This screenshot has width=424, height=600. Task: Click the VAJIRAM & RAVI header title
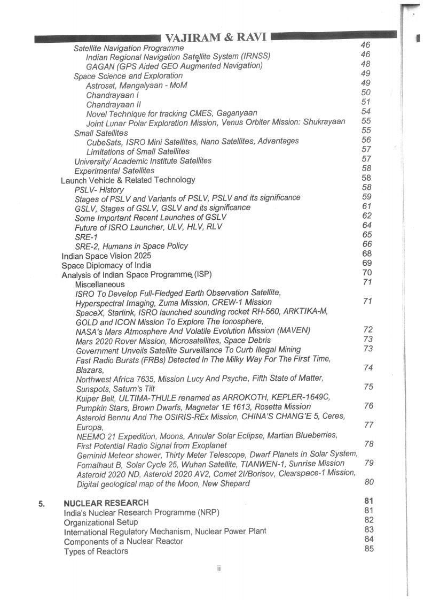tap(217, 37)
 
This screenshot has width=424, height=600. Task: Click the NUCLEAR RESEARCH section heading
tap(106, 503)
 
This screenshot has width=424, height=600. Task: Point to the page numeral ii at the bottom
tap(218, 568)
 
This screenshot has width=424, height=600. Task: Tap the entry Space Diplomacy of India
tap(106, 265)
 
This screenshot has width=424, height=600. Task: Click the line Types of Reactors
tap(96, 551)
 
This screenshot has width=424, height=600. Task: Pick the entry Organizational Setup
tap(101, 522)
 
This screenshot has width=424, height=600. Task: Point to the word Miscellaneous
tap(100, 284)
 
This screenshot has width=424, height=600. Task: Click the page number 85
tap(368, 549)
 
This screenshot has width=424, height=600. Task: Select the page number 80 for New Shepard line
tap(368, 482)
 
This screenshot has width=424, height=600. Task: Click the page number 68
tap(367, 253)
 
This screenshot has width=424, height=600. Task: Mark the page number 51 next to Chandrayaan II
tap(366, 102)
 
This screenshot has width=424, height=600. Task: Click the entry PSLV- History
tap(99, 190)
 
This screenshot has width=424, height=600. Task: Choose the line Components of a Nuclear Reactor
tap(123, 542)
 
